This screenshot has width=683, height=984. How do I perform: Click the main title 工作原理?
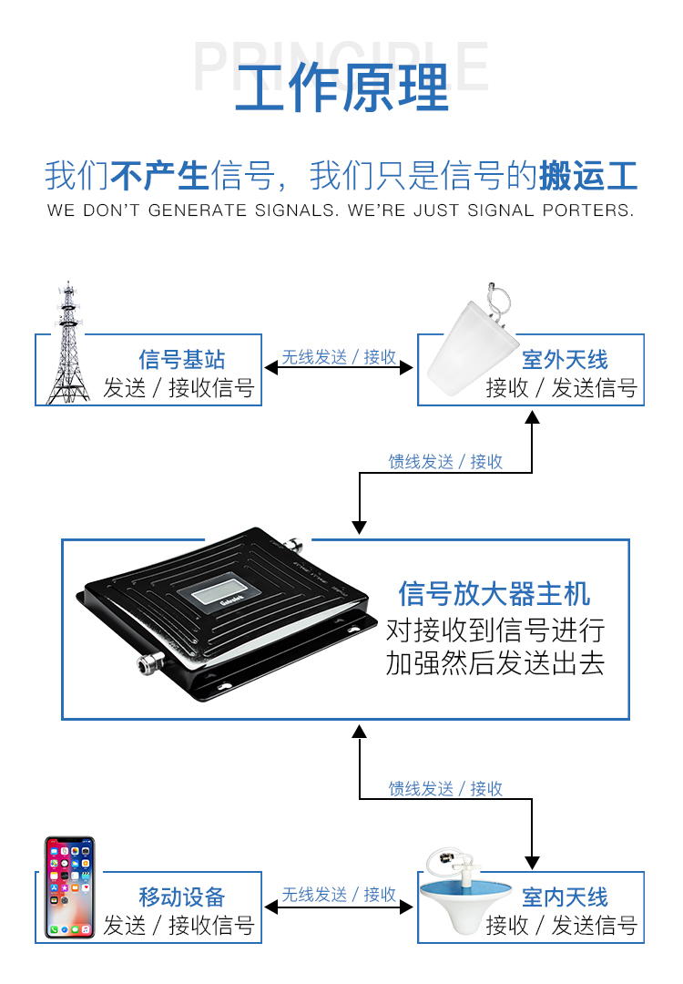341,87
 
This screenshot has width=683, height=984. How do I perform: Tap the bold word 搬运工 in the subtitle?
587,175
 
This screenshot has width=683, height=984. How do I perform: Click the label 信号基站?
181,359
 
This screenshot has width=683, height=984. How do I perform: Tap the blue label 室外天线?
565,359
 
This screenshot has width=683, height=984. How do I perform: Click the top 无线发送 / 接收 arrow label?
339,357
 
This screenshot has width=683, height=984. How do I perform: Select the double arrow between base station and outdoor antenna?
339,369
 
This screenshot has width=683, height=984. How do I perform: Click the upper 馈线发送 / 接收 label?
445,462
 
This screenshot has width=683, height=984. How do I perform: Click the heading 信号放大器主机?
494,594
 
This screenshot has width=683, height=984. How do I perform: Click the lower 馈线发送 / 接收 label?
445,788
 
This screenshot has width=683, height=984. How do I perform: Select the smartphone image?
70,887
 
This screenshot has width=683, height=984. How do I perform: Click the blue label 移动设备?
181,897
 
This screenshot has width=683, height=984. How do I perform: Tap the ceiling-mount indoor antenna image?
464,897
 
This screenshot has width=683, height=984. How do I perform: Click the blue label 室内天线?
565,897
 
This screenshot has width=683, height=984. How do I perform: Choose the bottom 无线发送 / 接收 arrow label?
339,895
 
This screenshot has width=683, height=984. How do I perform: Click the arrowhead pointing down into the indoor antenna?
532,862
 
